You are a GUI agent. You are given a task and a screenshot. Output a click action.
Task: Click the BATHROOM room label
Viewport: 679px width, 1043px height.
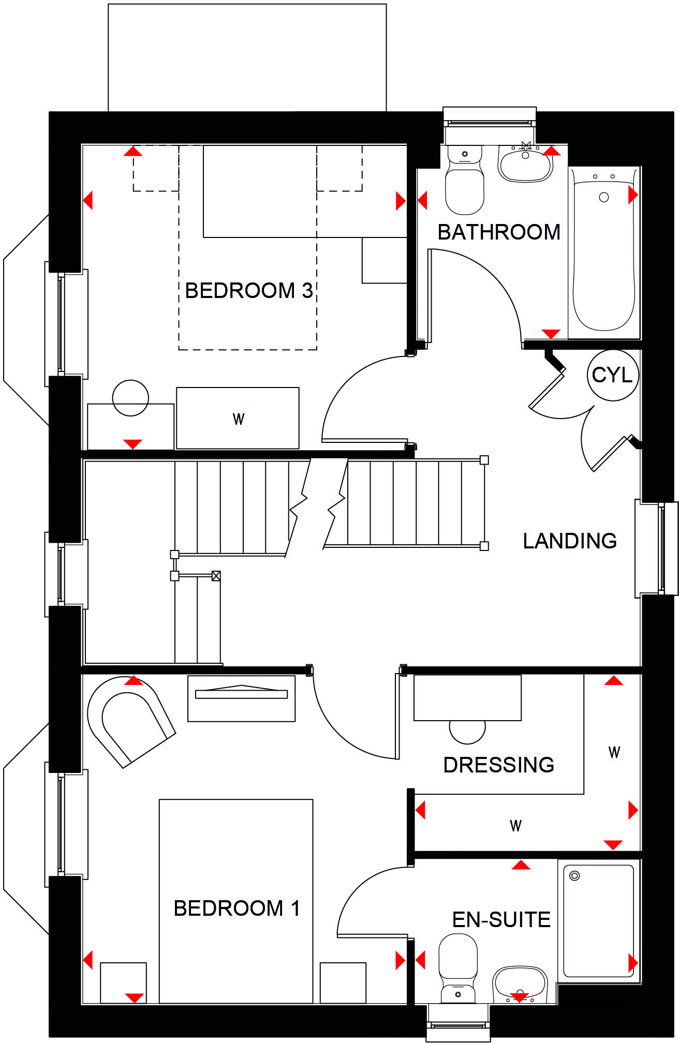point(499,232)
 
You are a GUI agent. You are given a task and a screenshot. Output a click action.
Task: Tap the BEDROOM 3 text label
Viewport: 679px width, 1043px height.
point(249,291)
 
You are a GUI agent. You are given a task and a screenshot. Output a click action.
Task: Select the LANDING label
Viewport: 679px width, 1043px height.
point(570,541)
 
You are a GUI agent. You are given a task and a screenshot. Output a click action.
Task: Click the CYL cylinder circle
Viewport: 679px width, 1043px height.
point(612,375)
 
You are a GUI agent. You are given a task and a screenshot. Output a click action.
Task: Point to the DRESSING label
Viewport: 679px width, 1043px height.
point(499,765)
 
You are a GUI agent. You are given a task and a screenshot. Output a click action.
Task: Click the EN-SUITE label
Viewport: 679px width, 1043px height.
point(501,920)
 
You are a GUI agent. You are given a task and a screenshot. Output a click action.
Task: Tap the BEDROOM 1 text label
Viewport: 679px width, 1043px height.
point(237,908)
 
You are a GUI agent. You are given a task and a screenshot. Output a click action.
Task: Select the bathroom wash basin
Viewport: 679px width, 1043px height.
point(525,165)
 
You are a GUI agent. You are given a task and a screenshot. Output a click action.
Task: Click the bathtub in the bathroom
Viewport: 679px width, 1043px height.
point(603,254)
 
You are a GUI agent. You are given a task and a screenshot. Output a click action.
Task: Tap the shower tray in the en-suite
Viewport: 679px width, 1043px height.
point(598,921)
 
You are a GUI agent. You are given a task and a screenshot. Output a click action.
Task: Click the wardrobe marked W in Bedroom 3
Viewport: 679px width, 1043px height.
point(238,418)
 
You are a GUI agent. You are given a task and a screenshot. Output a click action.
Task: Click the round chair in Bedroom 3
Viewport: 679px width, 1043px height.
point(130,397)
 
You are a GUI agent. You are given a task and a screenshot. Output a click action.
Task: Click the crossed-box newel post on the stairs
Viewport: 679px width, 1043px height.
point(216,575)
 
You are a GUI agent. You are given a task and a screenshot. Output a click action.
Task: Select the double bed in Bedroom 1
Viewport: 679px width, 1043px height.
point(236,900)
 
